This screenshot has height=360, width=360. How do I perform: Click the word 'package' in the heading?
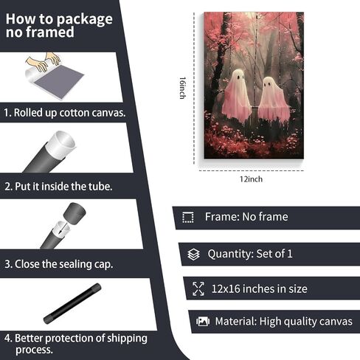[x=85, y=20]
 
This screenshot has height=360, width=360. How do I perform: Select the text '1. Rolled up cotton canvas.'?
[x=65, y=113]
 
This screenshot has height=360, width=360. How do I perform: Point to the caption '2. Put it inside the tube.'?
[x=58, y=187]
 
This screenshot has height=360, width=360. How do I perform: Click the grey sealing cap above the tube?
[x=75, y=212]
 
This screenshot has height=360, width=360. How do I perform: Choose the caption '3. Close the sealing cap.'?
[x=59, y=264]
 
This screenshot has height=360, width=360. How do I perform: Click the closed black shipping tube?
[x=72, y=303]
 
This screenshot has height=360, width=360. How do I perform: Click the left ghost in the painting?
[x=237, y=95]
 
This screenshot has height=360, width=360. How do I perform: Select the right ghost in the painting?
[x=274, y=100]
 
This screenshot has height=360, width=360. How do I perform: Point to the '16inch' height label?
[x=182, y=88]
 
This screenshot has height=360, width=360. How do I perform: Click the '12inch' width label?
[x=251, y=179]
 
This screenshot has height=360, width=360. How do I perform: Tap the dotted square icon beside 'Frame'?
[x=188, y=218]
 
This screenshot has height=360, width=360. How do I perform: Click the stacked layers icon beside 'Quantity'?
[x=193, y=255]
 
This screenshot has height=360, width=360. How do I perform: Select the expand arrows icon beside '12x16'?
[x=198, y=288]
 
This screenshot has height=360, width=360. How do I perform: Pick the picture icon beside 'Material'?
[x=203, y=322]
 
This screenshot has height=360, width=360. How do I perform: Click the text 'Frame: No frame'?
[x=246, y=217]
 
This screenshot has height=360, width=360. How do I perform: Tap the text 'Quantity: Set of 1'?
[x=250, y=254]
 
